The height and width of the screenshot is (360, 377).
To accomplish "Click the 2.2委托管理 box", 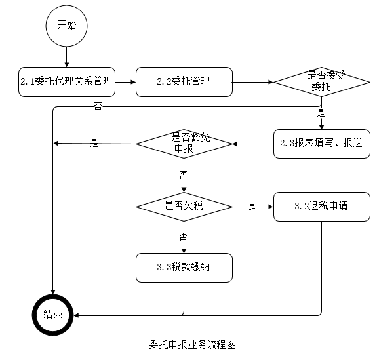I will [x=184, y=82].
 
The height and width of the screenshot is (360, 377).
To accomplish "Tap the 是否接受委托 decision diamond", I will [x=321, y=82].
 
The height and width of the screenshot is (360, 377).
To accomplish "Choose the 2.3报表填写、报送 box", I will [x=321, y=143].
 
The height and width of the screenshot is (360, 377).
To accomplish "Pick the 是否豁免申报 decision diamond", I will [x=184, y=143].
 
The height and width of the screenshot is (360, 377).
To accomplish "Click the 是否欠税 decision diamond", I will [x=184, y=206].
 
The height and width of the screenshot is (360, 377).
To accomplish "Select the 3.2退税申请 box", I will [x=321, y=206].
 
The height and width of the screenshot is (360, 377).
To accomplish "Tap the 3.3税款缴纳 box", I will [x=184, y=267].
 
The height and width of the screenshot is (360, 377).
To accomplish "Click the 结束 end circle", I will [x=54, y=315].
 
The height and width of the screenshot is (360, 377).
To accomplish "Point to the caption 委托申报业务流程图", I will [x=188, y=345].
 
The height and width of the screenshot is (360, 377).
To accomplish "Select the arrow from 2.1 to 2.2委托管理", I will [x=125, y=83].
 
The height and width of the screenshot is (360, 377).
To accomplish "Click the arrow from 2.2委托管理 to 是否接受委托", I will [x=252, y=83].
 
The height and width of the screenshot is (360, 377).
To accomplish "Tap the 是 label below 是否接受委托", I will [x=321, y=113].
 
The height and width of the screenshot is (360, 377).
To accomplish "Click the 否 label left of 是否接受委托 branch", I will [x=98, y=106].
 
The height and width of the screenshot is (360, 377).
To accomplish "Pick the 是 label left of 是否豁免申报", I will [x=94, y=143].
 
